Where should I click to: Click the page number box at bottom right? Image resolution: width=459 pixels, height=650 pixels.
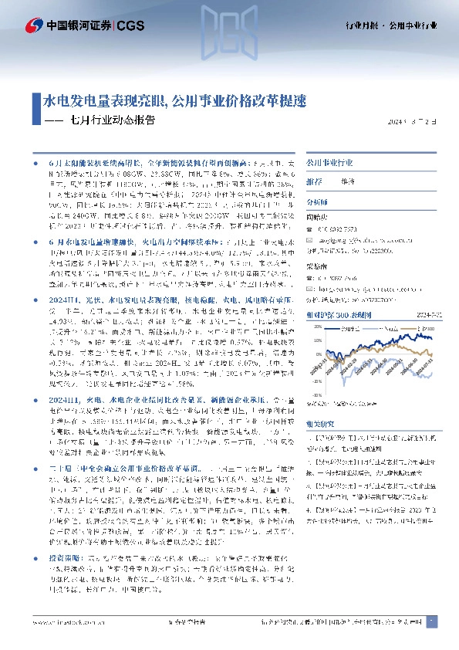pos(433,621)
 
